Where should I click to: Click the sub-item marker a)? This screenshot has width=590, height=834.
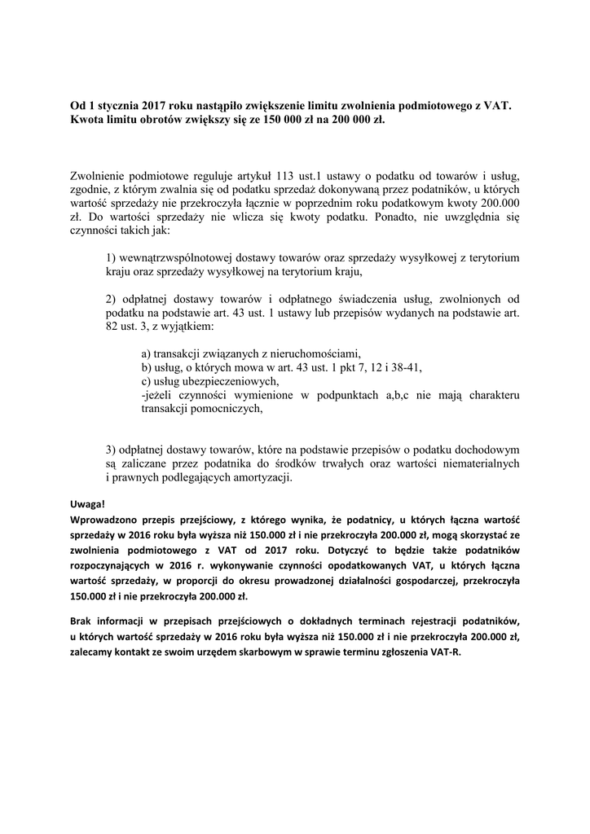click(x=146, y=354)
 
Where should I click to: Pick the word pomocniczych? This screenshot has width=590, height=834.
click(x=224, y=410)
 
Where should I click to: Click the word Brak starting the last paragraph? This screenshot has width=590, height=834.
click(x=82, y=621)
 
